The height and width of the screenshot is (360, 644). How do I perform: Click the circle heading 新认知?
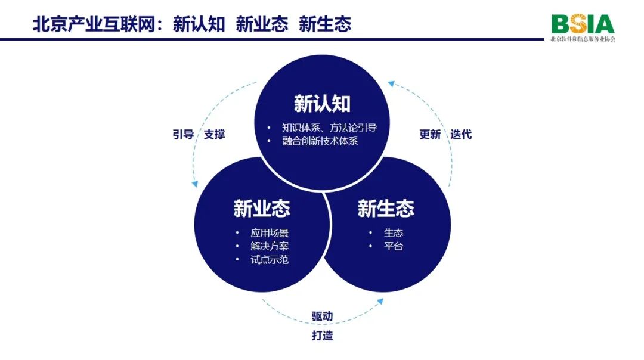pos(322,104)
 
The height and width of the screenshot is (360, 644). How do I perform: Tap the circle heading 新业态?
pos(262,209)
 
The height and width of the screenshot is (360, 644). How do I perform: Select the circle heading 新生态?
pos(386,209)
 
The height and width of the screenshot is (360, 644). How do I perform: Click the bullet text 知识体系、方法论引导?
pos(329,128)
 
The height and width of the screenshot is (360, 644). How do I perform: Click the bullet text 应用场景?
pos(270,232)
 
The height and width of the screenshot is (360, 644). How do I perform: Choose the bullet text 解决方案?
pos(270,246)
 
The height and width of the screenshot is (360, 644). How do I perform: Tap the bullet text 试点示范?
pos(270,260)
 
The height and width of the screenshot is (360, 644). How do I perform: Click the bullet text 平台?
pos(394,246)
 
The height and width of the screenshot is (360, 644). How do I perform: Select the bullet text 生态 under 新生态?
pos(394,232)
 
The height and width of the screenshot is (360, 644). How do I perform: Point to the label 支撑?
pos(215,134)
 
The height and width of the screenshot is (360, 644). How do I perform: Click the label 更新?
pos(430,134)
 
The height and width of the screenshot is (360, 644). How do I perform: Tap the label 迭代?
pos(462,134)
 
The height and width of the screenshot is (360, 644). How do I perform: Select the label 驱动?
pos(322,316)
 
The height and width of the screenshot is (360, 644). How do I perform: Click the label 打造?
pos(322,335)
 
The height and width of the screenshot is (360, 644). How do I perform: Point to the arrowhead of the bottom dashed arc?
pos(380,302)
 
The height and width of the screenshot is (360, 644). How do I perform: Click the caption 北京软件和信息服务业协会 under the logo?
pos(583,39)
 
